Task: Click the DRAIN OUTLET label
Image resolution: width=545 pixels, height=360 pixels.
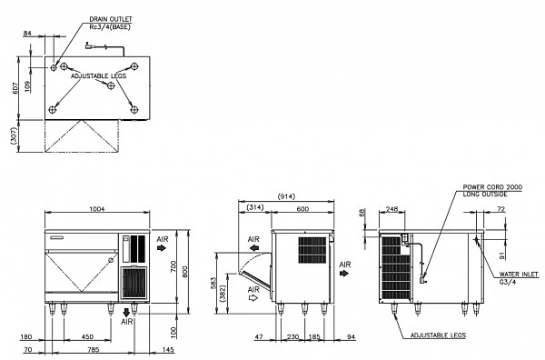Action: (111, 19)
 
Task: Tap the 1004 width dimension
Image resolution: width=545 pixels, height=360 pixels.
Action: (97, 209)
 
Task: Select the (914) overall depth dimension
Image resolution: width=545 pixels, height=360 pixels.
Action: (286, 196)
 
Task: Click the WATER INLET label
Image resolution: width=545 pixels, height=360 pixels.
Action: (519, 274)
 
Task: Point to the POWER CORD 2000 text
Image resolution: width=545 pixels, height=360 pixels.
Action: (492, 187)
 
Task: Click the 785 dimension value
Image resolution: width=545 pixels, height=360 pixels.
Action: (94, 349)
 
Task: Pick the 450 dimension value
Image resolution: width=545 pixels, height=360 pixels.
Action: (87, 336)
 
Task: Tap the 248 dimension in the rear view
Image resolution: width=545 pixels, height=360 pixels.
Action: (391, 209)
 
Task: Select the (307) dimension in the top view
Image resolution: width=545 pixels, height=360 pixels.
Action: (14, 135)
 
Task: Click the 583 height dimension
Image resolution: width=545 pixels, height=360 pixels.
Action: (213, 283)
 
